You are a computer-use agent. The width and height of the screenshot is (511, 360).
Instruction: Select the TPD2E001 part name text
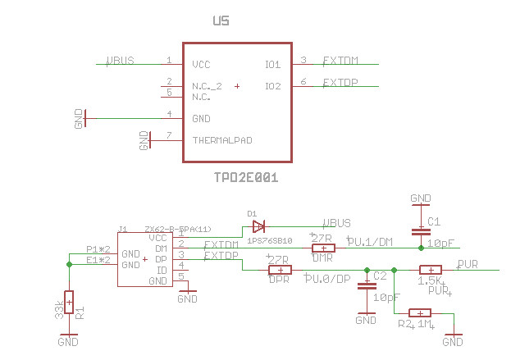[246, 176]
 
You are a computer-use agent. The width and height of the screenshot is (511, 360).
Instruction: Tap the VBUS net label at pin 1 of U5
[121, 61]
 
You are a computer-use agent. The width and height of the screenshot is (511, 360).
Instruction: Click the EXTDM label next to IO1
[339, 61]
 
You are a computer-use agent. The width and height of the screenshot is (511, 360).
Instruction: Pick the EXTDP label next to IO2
[339, 83]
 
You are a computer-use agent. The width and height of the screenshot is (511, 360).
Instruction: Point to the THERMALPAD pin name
[221, 140]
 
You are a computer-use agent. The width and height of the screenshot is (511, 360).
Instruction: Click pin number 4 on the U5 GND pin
[169, 115]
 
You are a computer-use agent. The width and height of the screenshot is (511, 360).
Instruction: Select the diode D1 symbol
[258, 226]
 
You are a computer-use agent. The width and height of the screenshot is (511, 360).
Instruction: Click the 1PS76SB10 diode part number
[269, 240]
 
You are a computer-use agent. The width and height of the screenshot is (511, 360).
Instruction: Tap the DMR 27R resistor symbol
[323, 248]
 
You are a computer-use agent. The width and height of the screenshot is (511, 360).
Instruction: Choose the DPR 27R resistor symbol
[281, 270]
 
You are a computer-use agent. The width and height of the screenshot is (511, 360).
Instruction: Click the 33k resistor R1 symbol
[69, 303]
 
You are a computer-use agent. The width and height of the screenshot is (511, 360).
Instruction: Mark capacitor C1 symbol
[421, 227]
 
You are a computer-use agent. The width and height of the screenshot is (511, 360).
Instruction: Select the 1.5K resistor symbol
[431, 270]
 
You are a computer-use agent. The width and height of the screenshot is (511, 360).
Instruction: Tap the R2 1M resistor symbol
[419, 312]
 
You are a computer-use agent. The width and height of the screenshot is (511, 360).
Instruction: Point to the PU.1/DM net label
[370, 241]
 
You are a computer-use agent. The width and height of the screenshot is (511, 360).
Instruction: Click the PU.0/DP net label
[327, 279]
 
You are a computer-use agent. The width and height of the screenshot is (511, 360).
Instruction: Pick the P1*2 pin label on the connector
[98, 249]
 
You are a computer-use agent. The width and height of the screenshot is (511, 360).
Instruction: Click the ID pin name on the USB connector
[162, 270]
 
